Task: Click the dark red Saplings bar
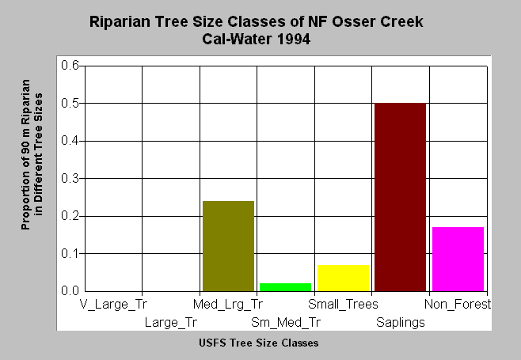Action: pos(401,197)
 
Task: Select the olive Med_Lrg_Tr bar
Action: pos(228,246)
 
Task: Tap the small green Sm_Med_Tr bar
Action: pos(285,287)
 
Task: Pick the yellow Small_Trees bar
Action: pos(343,279)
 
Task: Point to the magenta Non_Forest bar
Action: pos(458,260)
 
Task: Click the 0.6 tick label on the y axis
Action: pos(70,65)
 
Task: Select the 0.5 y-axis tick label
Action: pos(70,103)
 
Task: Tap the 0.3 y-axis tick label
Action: pos(70,178)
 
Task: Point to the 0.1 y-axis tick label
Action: pos(70,254)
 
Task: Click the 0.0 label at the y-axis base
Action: pos(70,291)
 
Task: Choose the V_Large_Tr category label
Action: pos(113,305)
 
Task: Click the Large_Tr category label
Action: pos(171,323)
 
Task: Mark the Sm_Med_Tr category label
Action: pos(286,323)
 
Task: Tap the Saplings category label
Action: pos(401,323)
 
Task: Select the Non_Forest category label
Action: pos(458,305)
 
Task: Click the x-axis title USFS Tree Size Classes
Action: pos(258,343)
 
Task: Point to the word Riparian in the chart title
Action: pos(120,22)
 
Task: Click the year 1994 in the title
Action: pos(294,40)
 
